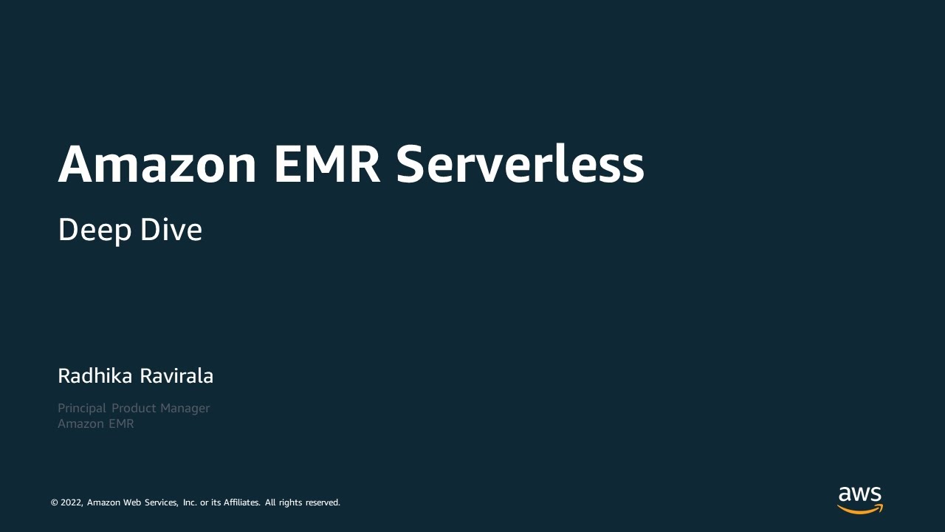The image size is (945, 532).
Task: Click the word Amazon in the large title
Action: (157, 164)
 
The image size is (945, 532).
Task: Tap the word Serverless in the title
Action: (520, 164)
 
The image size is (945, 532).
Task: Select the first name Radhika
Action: (95, 376)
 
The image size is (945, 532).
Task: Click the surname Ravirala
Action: (176, 376)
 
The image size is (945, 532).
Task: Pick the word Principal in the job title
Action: (82, 409)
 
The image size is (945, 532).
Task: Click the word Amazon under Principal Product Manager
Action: (80, 424)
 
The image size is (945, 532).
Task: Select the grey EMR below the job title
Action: (121, 424)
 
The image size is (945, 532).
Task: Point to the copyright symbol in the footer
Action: (54, 502)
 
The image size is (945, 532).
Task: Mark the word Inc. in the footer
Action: (190, 502)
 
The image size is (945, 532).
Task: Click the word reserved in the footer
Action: (323, 502)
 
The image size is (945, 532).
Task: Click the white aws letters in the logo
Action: (860, 494)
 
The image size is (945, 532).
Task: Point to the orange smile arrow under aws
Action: (860, 509)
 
